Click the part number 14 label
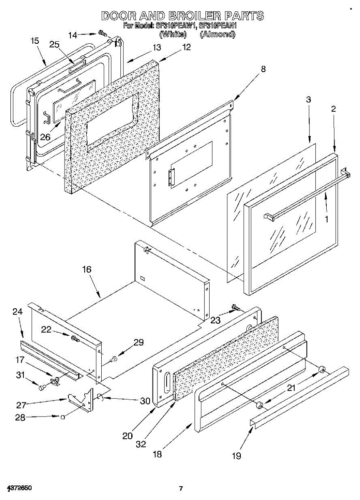72,35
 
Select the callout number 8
263,70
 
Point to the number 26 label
45,137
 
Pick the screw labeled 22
75,337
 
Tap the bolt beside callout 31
41,387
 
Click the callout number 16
86,269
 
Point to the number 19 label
236,456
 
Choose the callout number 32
141,444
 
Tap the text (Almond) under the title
217,35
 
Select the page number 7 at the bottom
180,488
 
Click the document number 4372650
20,487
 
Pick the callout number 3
308,100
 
